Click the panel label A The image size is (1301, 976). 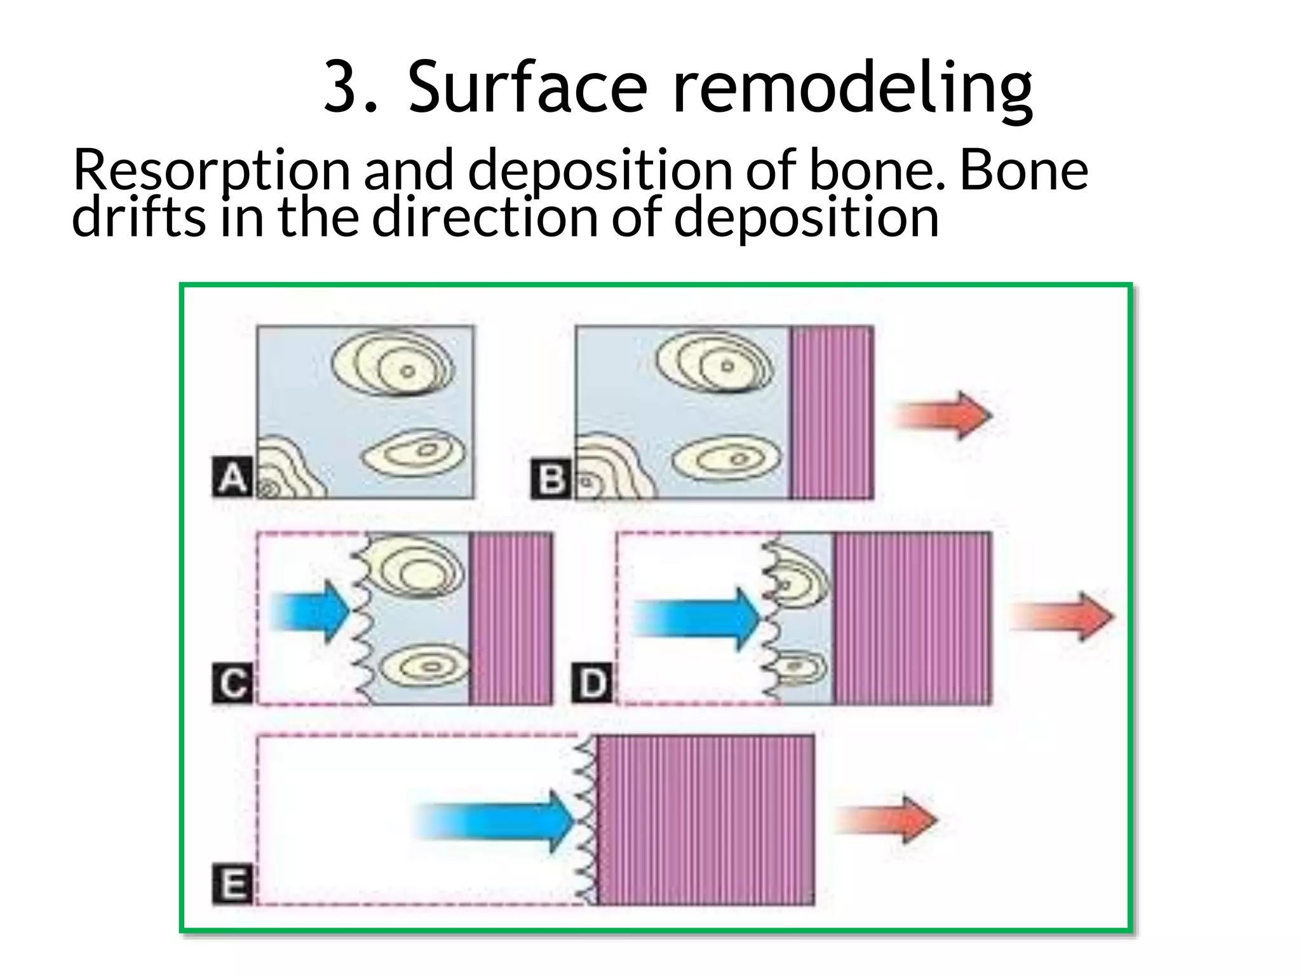click(x=232, y=478)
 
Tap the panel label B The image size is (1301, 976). click(x=551, y=478)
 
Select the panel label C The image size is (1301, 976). click(x=233, y=684)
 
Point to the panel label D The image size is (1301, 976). click(x=593, y=684)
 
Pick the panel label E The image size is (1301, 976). click(x=233, y=884)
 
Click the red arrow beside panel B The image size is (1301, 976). click(x=943, y=416)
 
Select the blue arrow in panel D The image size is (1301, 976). click(x=697, y=619)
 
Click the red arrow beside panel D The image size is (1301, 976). click(x=1062, y=616)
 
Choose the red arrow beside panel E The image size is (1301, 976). click(x=887, y=820)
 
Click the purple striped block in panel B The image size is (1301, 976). click(x=832, y=412)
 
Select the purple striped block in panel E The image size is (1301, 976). click(x=706, y=820)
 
